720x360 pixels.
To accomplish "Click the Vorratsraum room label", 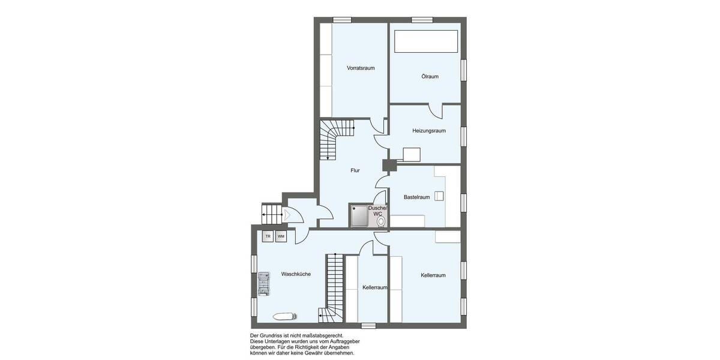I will tap(361, 68).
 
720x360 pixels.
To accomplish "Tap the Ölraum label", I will tap(430, 76).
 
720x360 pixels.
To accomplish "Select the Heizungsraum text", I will tap(428, 131).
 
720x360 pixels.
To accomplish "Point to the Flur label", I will tap(355, 170).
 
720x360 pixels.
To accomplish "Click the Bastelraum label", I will tap(416, 197).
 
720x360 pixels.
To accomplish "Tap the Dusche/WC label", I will tap(377, 211).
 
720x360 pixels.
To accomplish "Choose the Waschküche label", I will tap(296, 274).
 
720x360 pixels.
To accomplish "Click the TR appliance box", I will tap(268, 236).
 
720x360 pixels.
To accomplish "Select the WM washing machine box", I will tap(281, 236).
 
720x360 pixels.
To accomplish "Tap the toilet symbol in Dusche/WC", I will tap(380, 221).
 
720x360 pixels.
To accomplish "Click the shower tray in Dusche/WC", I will tap(359, 216).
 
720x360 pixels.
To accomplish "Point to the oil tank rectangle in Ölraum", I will tap(426, 41).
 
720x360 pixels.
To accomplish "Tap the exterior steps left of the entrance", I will tap(271, 213).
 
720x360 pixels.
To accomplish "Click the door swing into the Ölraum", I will tap(436, 111).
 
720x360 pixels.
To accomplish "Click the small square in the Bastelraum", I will tap(439, 196).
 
